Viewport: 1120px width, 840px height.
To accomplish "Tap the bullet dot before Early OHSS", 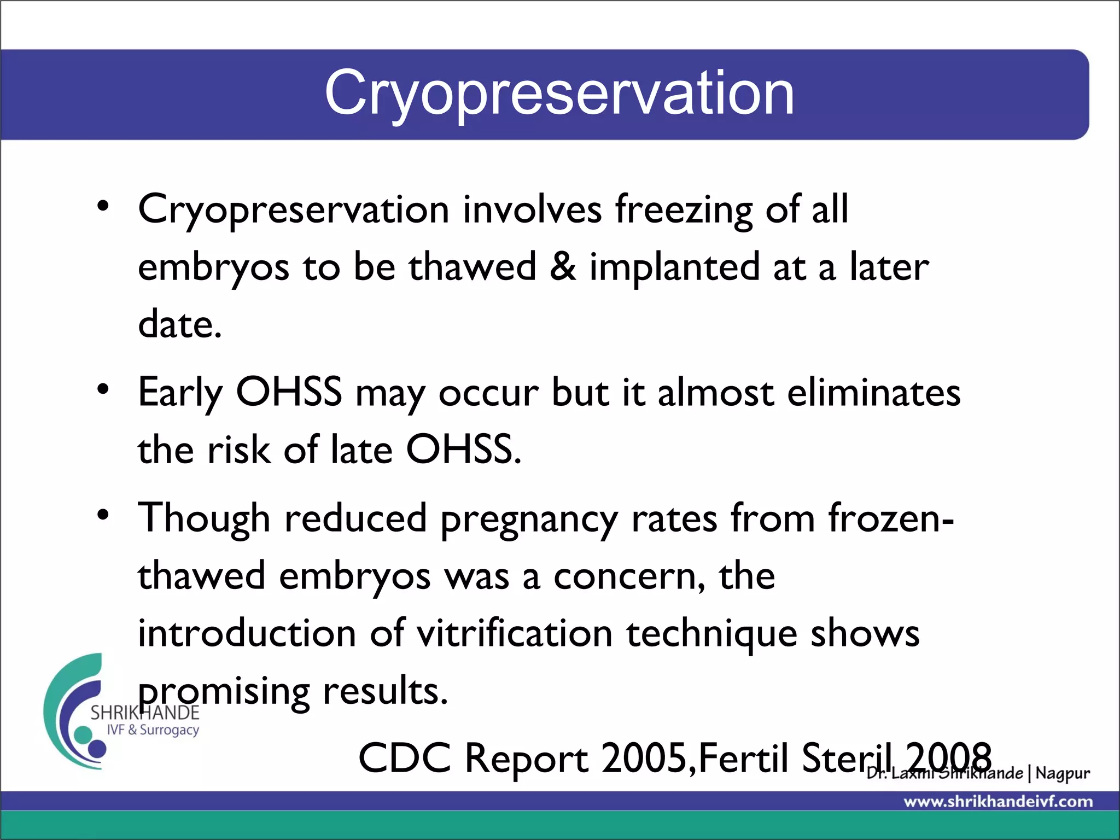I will [x=103, y=389].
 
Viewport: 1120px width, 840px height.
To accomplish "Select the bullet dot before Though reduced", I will [x=103, y=515].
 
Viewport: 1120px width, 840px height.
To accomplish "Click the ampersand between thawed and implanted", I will [x=563, y=266].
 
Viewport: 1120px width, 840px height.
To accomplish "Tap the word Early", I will [x=180, y=393].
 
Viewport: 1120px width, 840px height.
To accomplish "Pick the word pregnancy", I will [x=529, y=520].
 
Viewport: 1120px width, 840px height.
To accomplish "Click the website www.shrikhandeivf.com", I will [x=998, y=802].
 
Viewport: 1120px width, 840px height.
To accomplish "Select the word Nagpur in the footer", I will [x=1062, y=773].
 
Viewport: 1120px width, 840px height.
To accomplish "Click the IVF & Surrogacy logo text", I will [x=153, y=730].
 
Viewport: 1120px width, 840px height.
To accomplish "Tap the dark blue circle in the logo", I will [x=97, y=747].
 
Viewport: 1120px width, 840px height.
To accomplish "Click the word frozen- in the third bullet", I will [x=891, y=518].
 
